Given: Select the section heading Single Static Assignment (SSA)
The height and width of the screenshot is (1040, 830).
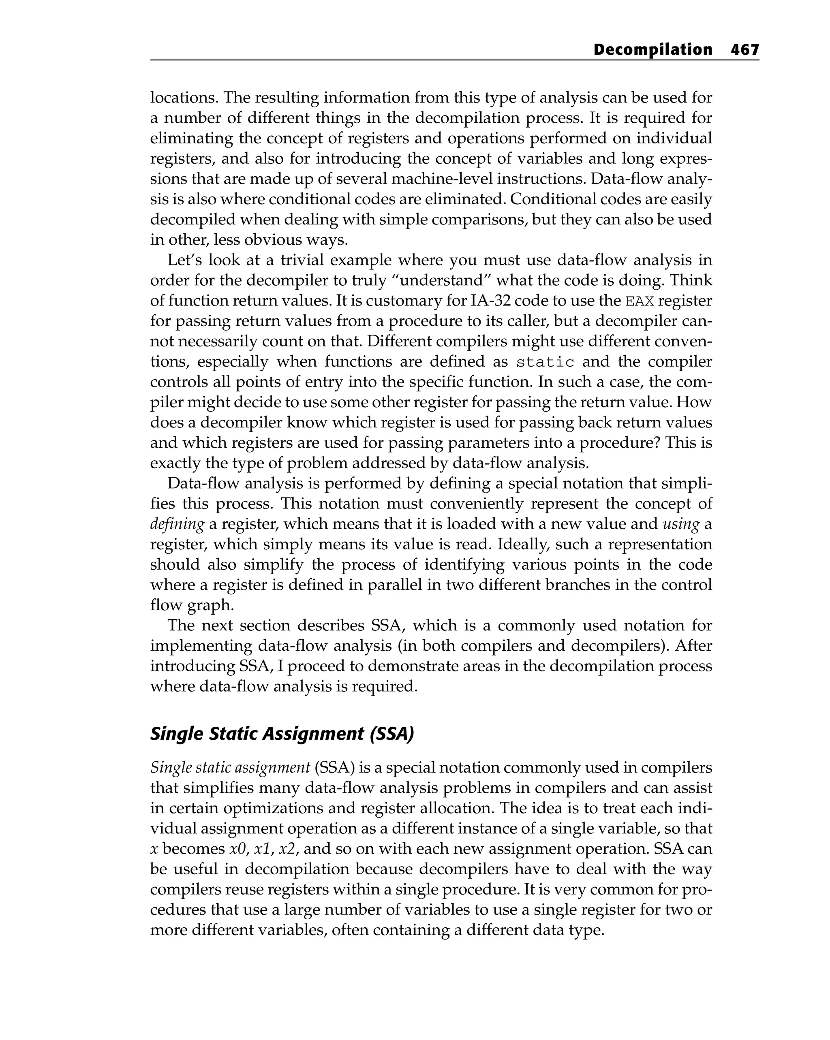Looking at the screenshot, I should (282, 734).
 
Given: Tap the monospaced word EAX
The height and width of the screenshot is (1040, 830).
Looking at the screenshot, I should (640, 301).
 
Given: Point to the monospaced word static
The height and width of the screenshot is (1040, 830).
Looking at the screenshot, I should (545, 362).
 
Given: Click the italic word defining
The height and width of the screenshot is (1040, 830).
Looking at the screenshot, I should (177, 524).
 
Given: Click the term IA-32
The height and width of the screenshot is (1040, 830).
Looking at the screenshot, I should (489, 301).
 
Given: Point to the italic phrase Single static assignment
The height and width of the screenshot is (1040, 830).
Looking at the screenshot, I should (230, 767).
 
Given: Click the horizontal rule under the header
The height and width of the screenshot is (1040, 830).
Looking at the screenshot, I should (454, 60).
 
